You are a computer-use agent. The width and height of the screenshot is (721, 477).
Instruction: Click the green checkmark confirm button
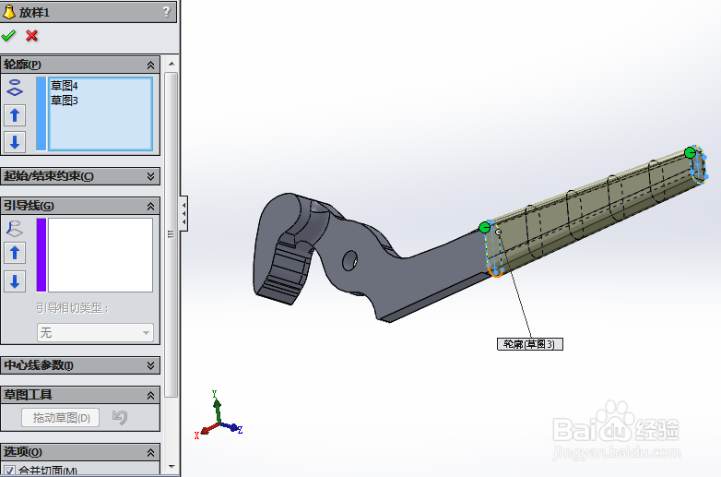[9, 36]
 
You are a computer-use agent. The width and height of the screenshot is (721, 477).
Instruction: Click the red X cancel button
[32, 36]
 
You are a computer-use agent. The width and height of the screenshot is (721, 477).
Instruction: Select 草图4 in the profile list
[65, 86]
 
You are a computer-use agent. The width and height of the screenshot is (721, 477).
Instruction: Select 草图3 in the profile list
[65, 101]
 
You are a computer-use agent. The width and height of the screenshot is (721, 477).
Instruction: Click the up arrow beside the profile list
[15, 115]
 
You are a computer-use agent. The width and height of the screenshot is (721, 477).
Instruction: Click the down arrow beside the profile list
[15, 142]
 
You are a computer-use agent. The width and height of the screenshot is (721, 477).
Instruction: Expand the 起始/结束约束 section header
[81, 176]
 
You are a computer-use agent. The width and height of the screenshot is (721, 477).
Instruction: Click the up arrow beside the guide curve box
[15, 253]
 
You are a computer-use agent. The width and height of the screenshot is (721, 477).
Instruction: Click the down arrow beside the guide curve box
[15, 281]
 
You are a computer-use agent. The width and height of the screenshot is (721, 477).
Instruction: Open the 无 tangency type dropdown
[95, 333]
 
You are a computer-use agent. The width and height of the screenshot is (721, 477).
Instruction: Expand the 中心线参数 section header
[81, 365]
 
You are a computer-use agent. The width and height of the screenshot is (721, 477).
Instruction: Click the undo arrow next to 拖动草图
[119, 418]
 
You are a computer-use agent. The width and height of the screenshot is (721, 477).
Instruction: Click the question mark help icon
[166, 11]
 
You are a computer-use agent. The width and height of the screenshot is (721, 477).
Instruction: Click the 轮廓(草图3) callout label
[529, 344]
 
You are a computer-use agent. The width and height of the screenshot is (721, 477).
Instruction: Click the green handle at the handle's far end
[690, 152]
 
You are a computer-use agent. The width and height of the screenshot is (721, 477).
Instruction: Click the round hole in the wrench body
[349, 261]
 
